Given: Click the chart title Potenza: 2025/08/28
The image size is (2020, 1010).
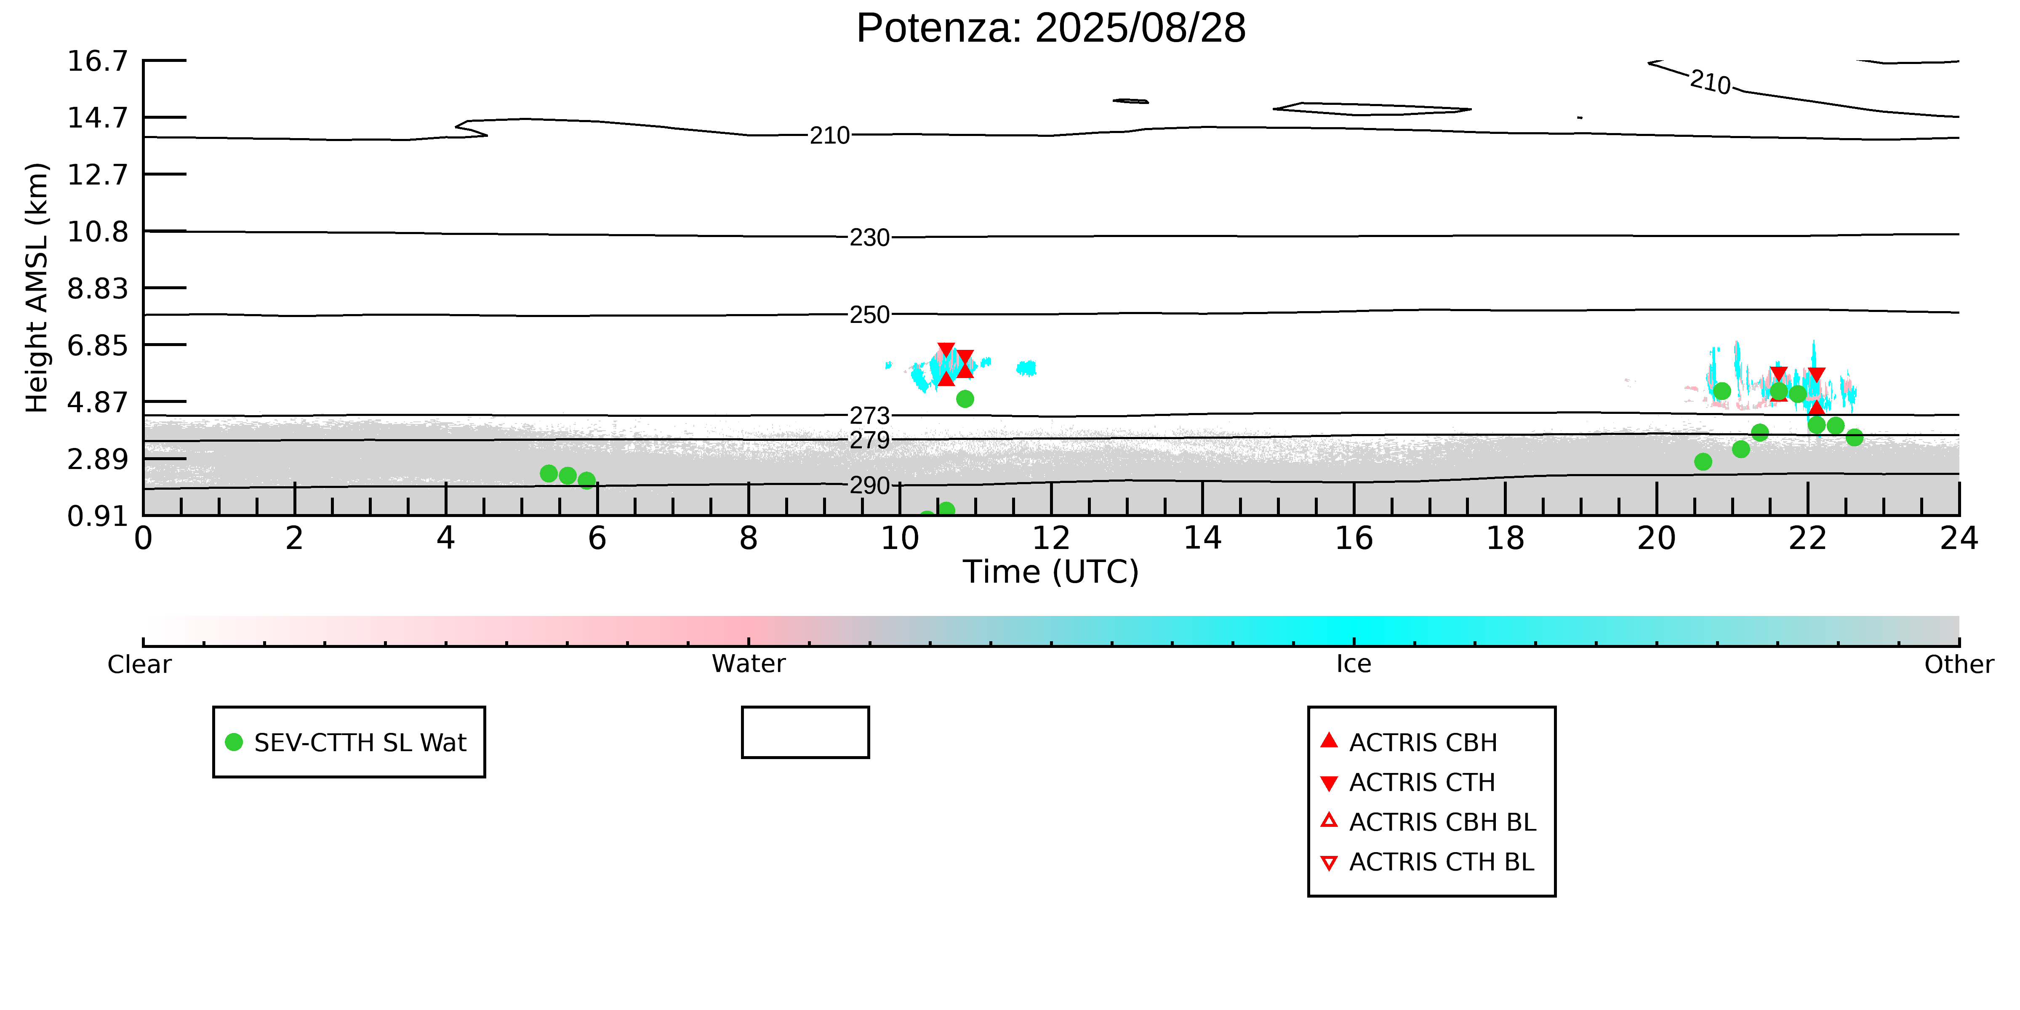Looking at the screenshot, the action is coord(1051,28).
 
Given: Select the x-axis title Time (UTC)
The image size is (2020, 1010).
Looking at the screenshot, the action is coord(1051,572).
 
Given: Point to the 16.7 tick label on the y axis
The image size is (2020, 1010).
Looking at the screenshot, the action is coord(97,60).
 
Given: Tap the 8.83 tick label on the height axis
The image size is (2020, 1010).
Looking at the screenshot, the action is coord(97,288).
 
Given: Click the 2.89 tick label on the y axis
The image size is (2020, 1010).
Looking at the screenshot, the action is coord(97,459).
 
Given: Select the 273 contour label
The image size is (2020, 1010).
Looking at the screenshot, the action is coord(870,416).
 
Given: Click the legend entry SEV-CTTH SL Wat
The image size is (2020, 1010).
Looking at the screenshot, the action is coord(349,742).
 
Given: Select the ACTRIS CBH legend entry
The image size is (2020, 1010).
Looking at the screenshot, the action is coord(1409,742).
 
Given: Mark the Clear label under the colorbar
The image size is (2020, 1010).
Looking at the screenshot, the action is coord(140,664).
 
